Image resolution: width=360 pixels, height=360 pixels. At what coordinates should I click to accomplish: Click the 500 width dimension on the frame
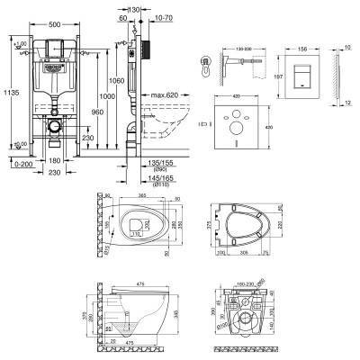tap(54, 22)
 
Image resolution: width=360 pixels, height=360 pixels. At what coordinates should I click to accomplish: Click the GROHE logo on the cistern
tap(53, 66)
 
